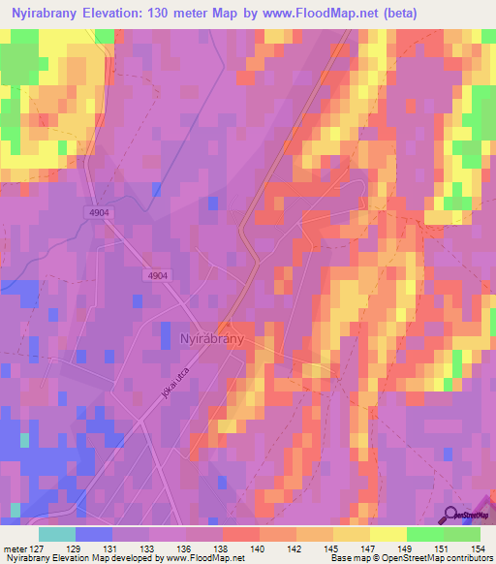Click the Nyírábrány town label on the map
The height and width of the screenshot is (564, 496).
coord(212,340)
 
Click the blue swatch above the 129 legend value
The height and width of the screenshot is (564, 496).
coord(93,534)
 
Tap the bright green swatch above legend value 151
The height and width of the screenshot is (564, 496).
coord(424,534)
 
